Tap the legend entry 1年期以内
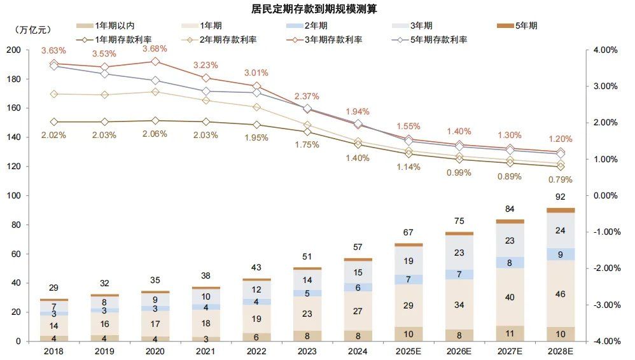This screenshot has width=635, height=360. point(115,26)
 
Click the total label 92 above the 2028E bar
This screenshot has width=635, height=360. point(561,197)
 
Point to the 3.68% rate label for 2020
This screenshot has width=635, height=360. point(155,49)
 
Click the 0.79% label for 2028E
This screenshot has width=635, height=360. point(561,178)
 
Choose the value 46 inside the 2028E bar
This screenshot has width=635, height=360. point(561,294)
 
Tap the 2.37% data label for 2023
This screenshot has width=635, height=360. point(307,96)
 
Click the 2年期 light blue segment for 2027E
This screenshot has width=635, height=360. point(510,262)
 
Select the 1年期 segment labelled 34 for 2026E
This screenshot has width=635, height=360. point(459,305)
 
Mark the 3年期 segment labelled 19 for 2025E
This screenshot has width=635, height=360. point(408,261)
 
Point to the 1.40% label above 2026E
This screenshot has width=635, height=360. point(459,131)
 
